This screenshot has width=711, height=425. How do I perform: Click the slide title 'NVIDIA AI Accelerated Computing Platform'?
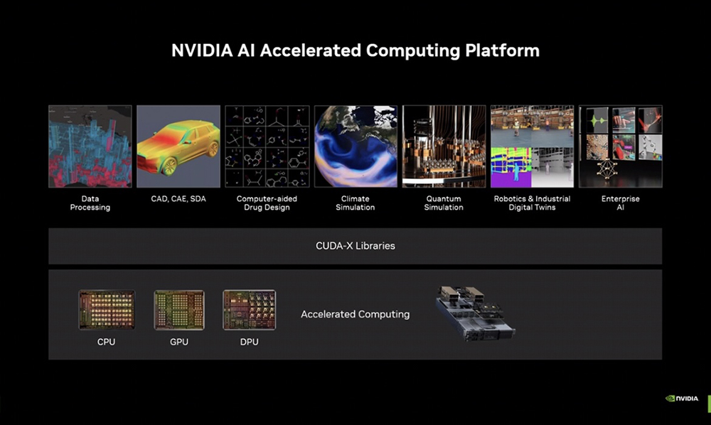click(355, 50)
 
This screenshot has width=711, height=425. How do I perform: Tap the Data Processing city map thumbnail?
click(90, 146)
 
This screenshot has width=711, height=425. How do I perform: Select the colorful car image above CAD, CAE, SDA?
click(178, 146)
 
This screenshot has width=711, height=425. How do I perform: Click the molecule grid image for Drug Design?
click(267, 146)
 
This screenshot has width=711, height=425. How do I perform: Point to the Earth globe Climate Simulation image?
click(355, 146)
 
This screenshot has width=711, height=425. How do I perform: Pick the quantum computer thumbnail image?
click(444, 146)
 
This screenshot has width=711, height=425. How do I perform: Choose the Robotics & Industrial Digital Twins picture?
click(533, 146)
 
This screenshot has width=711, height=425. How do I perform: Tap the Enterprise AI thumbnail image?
click(621, 146)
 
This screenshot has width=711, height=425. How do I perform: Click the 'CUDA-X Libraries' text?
click(355, 246)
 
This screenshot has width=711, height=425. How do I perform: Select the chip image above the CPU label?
click(107, 310)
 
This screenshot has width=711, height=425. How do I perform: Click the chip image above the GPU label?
click(179, 310)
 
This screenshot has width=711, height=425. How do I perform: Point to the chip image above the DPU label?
click(250, 310)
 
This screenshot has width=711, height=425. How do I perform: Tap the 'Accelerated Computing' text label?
click(355, 314)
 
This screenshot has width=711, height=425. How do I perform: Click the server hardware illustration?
click(475, 313)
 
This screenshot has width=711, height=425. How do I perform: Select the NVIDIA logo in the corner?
click(682, 398)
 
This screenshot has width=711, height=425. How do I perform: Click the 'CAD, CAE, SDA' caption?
click(178, 198)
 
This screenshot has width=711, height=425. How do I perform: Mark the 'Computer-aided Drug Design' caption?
click(267, 203)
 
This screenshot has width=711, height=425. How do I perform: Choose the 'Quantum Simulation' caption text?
click(444, 203)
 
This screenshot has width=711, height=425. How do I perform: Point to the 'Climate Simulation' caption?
click(355, 203)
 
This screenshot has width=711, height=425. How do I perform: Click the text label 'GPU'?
click(179, 342)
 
